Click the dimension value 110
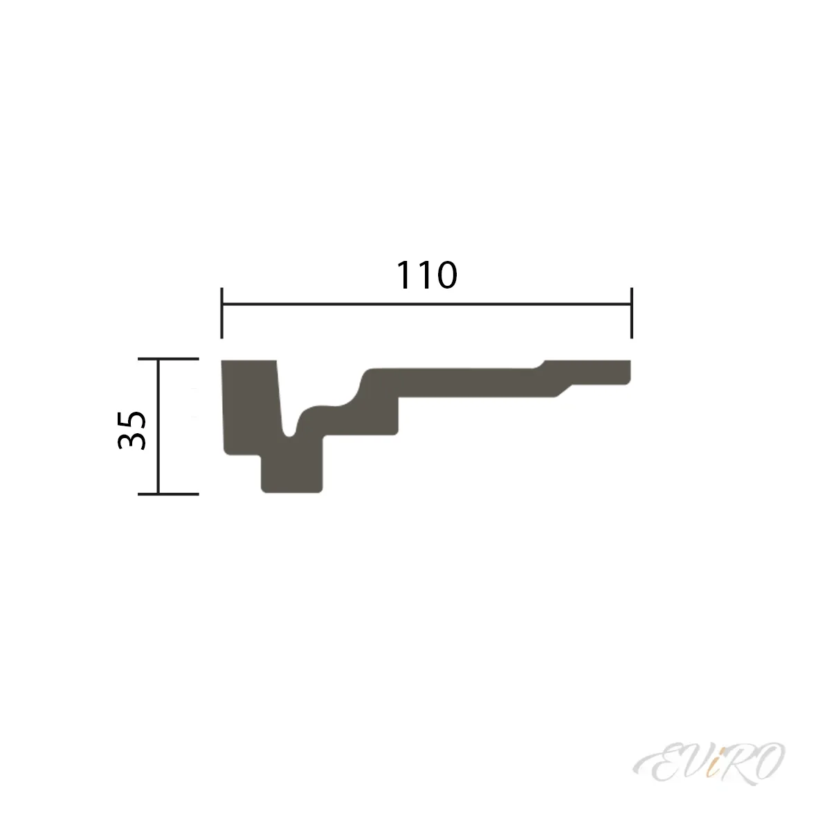tap(426, 276)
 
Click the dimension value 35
tap(131, 429)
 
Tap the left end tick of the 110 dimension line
tap(221, 313)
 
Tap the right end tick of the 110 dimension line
tap(631, 313)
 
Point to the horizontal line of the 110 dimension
tap(426, 304)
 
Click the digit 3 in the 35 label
tap(131, 442)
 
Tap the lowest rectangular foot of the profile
tap(292, 475)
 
